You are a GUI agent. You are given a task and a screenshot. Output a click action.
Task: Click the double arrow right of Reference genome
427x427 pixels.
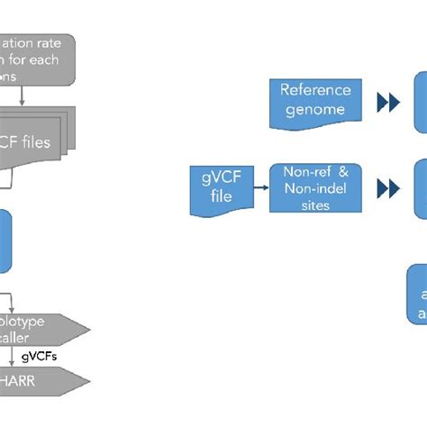pyautogui.click(x=387, y=104)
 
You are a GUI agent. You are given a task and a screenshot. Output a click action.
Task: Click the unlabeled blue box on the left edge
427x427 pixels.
pyautogui.click(x=5, y=241)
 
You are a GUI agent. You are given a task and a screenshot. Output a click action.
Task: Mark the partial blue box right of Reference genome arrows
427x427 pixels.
pyautogui.click(x=420, y=104)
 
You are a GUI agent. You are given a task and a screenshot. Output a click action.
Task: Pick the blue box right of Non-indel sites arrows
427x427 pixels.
pyautogui.click(x=420, y=188)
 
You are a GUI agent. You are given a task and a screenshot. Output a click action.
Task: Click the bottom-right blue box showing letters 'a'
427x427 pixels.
pyautogui.click(x=417, y=293)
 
